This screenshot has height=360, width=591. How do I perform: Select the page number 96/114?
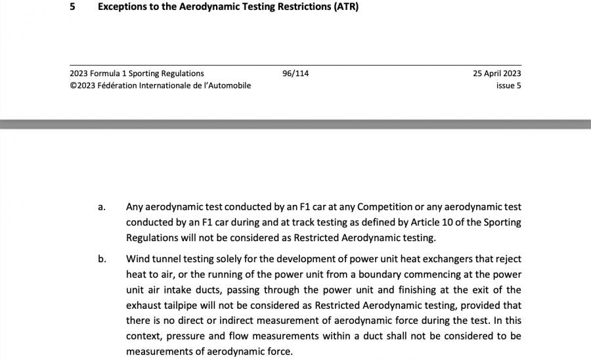click(x=295, y=74)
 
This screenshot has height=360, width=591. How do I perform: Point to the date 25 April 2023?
click(x=496, y=74)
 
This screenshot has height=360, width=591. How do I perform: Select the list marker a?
click(x=101, y=208)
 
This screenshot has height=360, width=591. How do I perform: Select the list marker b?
click(x=102, y=259)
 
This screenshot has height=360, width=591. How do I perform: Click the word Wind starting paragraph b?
click(x=137, y=259)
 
